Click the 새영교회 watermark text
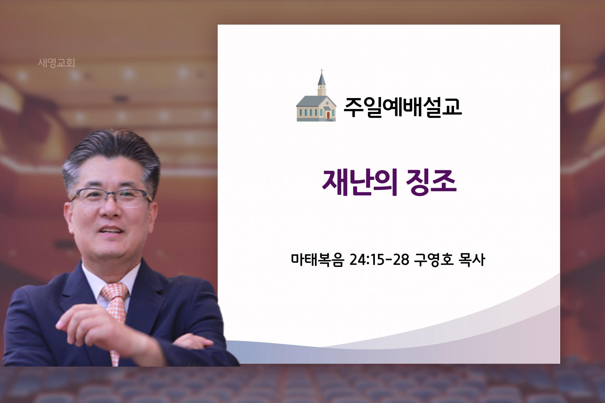56,63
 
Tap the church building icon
316,95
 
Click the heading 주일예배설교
402,107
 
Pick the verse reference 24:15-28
379,259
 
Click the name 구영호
434,259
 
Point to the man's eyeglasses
110,197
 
